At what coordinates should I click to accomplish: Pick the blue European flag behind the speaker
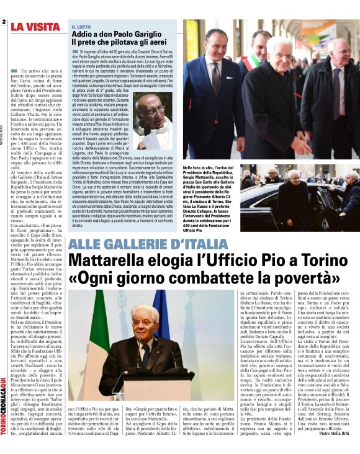pyautogui.click(x=161, y=323)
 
